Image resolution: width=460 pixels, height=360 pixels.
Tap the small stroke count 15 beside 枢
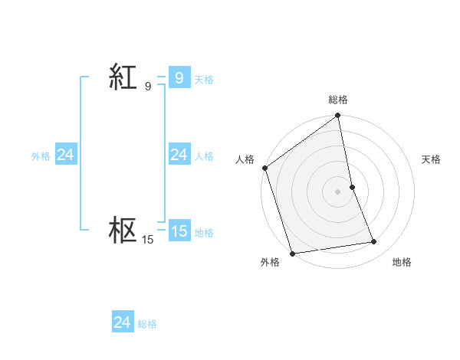point(147,240)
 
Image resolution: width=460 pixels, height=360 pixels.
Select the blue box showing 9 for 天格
point(179,78)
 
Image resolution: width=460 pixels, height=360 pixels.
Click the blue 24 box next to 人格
point(179,155)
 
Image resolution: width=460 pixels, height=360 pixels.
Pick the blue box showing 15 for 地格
point(179,231)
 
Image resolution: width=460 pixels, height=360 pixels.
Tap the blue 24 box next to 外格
point(65,155)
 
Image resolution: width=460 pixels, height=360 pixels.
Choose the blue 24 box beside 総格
point(122,322)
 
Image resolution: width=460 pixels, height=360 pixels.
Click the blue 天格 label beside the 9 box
point(204,80)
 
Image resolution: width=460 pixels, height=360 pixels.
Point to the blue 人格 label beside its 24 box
point(204,156)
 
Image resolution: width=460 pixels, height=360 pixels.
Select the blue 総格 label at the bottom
point(147,324)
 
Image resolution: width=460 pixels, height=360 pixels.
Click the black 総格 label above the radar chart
point(338,100)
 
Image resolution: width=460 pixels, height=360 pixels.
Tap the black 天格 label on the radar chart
point(432,159)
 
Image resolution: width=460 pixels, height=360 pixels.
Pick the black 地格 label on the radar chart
point(402,262)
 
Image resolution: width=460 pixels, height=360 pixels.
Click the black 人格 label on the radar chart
point(245,159)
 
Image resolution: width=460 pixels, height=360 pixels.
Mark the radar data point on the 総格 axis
point(337,116)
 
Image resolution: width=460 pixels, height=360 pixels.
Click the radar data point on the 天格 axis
point(352,187)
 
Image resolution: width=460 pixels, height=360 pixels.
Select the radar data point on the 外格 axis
point(293,253)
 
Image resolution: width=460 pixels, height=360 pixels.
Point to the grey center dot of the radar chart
point(337,191)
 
